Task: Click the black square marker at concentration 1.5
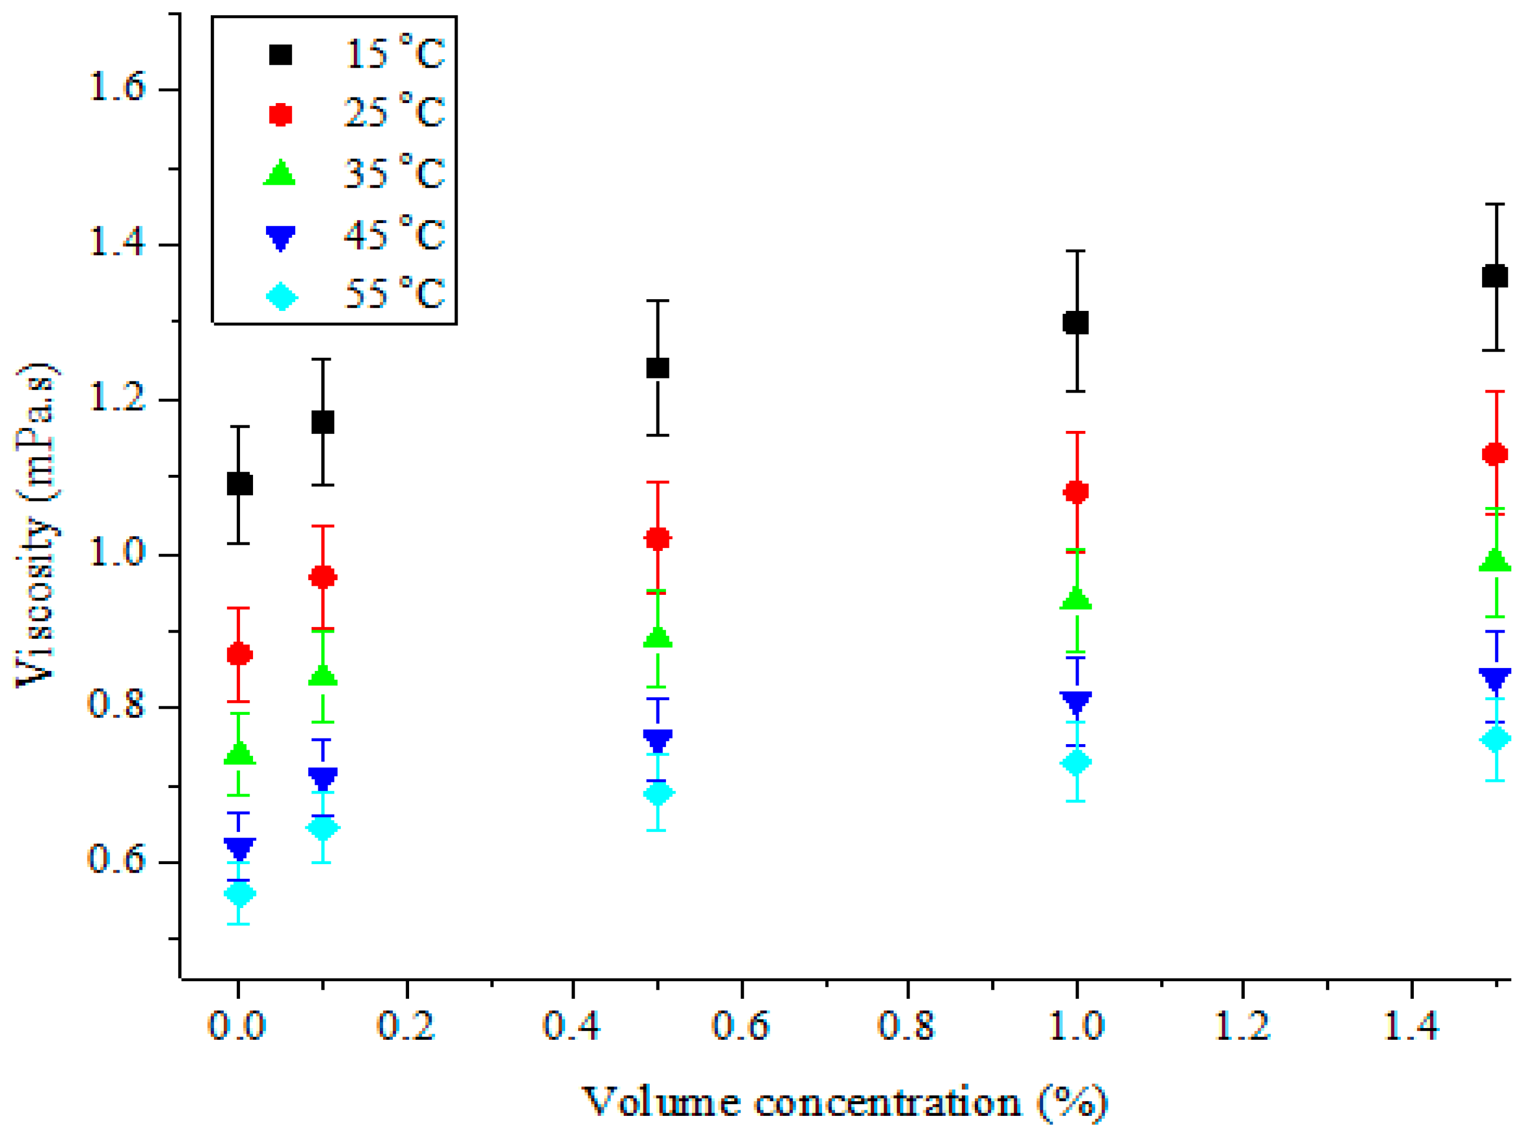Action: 1494,277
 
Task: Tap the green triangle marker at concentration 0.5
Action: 658,638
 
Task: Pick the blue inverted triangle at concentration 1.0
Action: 1076,702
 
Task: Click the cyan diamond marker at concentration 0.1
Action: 323,828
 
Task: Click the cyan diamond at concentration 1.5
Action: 1494,739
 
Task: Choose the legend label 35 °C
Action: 394,172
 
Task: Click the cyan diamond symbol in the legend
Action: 281,297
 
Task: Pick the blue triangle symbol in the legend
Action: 281,237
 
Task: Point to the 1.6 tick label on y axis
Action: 117,88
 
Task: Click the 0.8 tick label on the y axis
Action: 117,705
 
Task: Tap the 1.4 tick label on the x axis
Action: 1411,1025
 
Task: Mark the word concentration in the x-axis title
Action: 888,1102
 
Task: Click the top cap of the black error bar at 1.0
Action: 1076,251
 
